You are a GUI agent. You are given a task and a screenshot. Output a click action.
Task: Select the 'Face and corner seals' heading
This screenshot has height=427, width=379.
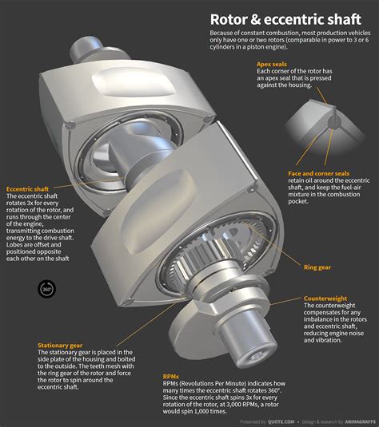318,173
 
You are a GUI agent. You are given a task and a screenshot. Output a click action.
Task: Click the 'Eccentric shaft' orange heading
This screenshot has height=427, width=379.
27,188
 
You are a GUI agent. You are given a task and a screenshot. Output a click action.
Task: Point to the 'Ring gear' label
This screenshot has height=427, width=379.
318,266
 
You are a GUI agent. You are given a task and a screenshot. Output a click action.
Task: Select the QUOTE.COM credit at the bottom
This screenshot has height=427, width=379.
278,421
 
